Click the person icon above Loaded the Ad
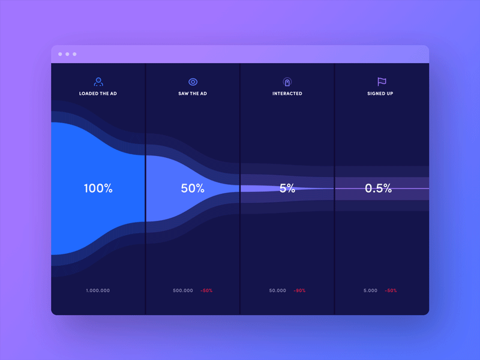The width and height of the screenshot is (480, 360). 98,82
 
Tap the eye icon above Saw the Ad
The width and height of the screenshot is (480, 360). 193,82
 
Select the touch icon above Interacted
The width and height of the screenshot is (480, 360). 287,82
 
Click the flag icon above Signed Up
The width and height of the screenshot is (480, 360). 381,82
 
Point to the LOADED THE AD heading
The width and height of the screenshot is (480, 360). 98,94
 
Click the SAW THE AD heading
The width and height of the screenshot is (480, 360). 193,94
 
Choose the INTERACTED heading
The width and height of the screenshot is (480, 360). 287,94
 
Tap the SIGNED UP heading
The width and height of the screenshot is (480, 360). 380,94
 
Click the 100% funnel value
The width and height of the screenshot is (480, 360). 98,188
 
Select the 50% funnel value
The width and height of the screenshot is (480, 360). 193,188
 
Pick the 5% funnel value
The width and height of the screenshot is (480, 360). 287,188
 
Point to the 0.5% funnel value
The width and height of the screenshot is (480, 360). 378,188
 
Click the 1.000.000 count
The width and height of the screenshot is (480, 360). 98,290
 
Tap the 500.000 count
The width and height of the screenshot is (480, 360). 183,290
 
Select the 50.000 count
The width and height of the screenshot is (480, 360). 278,290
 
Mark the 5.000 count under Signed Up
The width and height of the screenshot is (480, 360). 371,290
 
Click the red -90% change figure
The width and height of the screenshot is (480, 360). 299,290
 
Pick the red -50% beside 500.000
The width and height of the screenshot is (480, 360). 206,290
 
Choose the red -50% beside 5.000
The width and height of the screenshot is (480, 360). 391,290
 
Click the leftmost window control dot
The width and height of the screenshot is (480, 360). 60,54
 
